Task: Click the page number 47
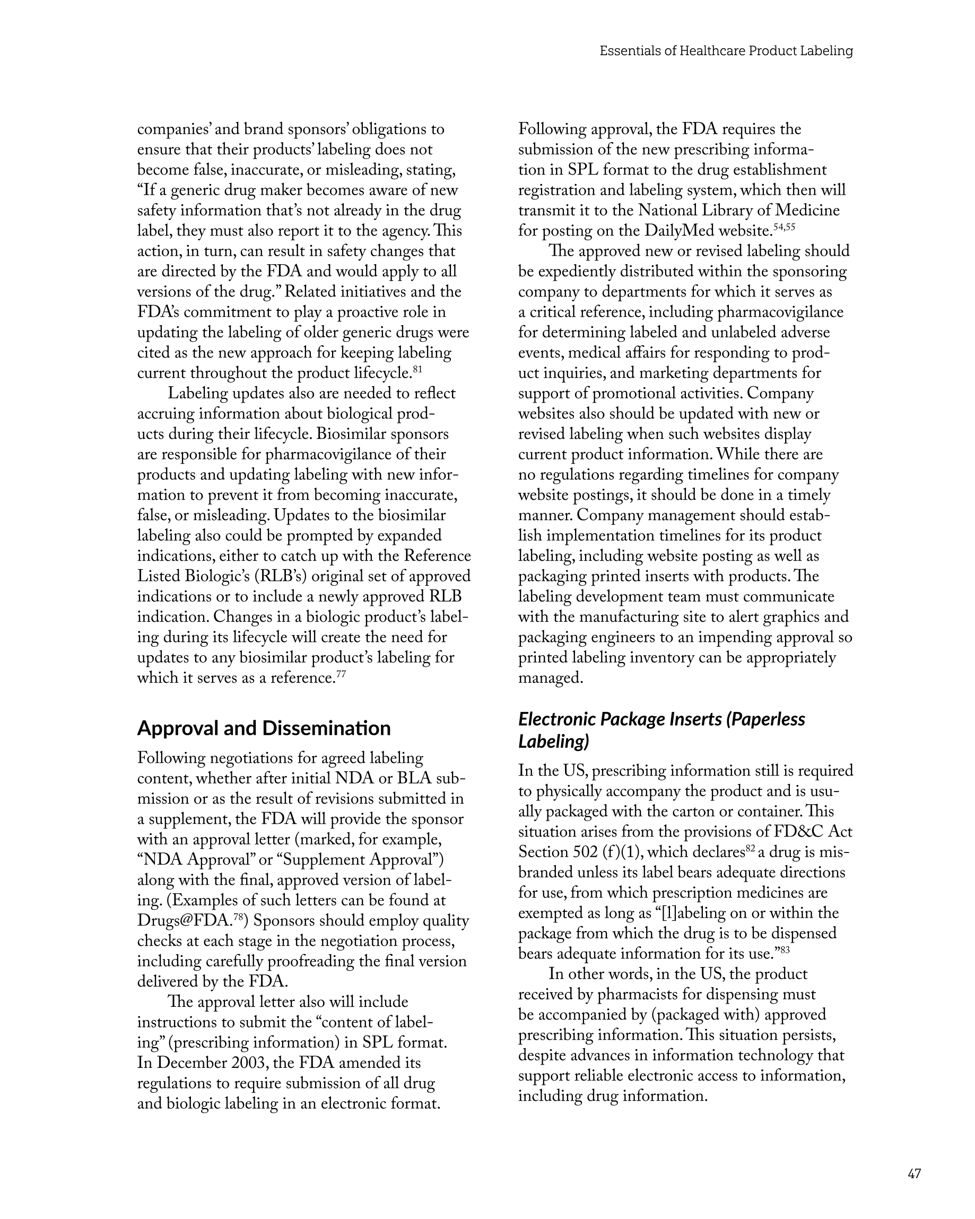914,1173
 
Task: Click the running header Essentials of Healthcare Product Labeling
726,51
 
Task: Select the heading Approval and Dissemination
264,728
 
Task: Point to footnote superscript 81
418,369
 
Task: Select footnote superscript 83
784,950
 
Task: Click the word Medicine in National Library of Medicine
807,211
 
